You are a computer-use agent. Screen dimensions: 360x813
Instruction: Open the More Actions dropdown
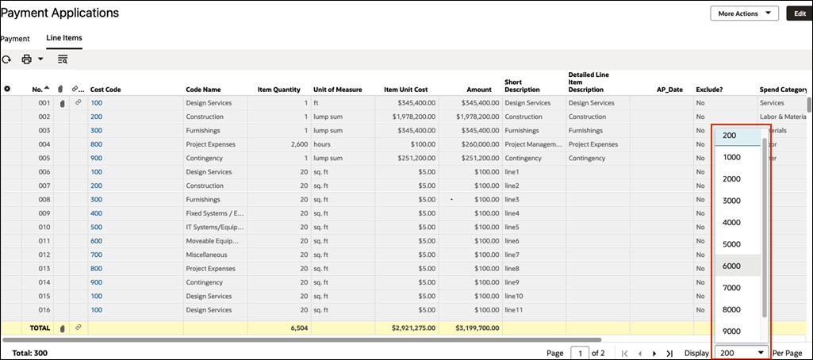pos(744,13)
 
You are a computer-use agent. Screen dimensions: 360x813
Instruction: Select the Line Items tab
pos(64,38)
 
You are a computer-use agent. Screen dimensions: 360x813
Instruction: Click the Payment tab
pos(15,38)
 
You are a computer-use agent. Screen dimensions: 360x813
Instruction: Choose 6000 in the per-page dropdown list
pos(731,266)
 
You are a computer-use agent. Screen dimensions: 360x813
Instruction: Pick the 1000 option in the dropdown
pos(731,157)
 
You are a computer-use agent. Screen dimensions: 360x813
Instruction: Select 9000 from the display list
pos(731,331)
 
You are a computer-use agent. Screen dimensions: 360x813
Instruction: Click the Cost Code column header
pos(105,90)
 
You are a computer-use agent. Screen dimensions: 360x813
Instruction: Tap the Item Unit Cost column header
pos(405,90)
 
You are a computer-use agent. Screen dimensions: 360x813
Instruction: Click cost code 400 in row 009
pos(96,213)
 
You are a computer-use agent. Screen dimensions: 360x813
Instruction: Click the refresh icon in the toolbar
pos(6,59)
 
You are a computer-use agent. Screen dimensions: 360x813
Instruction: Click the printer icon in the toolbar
pos(27,59)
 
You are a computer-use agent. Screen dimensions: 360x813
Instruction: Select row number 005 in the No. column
pos(44,158)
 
